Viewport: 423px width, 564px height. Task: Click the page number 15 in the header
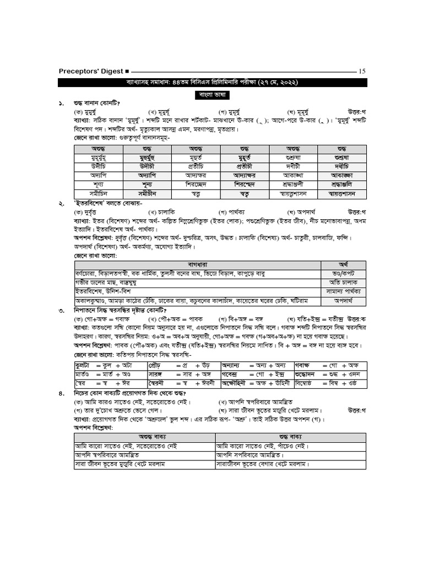pos(362,71)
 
